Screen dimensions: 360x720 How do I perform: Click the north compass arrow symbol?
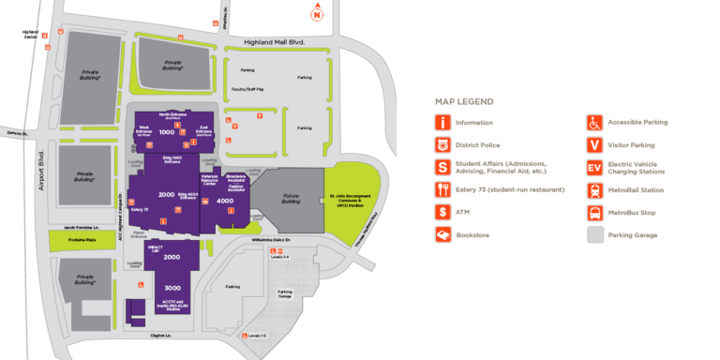[x=318, y=13]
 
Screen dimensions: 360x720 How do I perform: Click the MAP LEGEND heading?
[x=464, y=101]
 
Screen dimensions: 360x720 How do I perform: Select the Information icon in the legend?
[x=442, y=123]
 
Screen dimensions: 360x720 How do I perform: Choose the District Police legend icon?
[x=442, y=145]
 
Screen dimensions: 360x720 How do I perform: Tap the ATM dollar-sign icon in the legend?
[x=442, y=212]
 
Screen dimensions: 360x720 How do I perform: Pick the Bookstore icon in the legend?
[x=442, y=234]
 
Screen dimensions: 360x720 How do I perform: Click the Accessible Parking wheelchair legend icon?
[x=593, y=123]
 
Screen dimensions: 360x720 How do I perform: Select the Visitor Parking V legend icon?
[x=593, y=145]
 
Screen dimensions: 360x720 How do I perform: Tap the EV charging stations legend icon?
[x=593, y=168]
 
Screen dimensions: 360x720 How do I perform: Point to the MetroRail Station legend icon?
[x=593, y=190]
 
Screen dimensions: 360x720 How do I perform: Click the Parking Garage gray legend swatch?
[x=593, y=234]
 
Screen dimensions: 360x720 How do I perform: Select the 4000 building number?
[x=225, y=201]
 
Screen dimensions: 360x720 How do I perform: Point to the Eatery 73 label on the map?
[x=140, y=209]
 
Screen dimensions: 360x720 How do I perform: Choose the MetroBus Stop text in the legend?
[x=634, y=212]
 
